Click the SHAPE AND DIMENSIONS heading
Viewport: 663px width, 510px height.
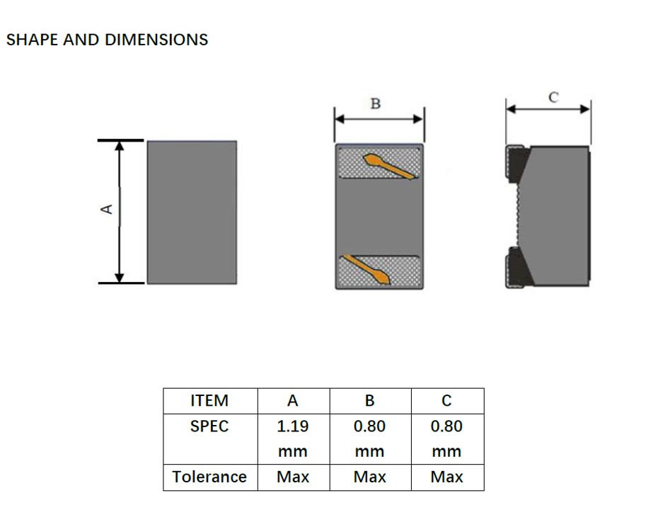107,40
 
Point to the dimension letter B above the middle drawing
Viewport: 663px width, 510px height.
376,104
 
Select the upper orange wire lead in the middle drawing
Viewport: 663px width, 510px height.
388,166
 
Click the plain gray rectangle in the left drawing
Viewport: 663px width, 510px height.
192,211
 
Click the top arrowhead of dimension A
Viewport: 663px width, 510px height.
120,145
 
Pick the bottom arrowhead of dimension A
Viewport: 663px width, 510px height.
120,277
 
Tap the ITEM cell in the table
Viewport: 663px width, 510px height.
210,400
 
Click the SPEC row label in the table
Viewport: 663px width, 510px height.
210,426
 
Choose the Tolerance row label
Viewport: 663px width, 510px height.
210,477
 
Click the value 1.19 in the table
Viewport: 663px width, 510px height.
292,426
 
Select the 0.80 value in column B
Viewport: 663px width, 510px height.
369,426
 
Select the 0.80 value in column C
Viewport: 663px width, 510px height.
446,426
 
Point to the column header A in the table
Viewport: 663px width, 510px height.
292,400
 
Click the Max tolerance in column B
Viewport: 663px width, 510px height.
369,477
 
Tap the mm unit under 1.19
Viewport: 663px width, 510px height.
292,451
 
